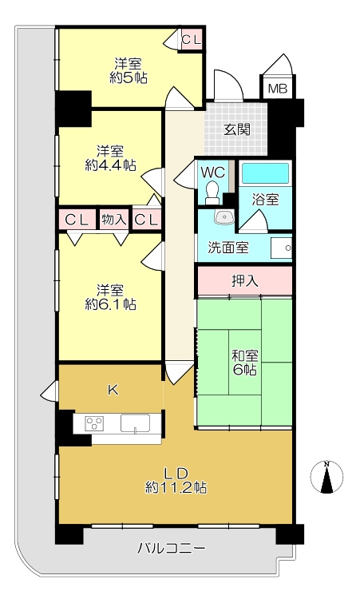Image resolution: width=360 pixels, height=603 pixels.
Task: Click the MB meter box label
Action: pos(278,89)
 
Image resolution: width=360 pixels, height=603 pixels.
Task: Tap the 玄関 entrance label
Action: pos(236,129)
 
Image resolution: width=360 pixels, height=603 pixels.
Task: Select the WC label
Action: pos(213,173)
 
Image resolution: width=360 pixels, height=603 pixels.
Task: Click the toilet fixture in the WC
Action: pos(212,192)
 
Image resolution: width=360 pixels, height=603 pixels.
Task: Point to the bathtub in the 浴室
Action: pos(266,173)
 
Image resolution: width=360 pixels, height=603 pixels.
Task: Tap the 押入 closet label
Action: pos(245,281)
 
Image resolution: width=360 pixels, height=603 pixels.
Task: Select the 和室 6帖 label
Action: pos(245,363)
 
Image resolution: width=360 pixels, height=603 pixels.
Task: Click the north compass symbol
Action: pos(326,477)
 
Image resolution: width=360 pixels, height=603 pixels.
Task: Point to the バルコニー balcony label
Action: pos(172,548)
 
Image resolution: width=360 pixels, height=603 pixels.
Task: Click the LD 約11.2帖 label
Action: pos(176,480)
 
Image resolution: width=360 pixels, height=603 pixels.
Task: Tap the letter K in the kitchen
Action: pos(113,391)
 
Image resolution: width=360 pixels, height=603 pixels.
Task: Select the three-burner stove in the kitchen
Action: pos(94,423)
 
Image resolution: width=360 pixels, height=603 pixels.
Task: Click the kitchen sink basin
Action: pos(135,423)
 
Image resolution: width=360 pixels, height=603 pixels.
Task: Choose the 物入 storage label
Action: pos(113,220)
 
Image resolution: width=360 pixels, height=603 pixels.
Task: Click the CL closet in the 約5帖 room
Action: pos(192,39)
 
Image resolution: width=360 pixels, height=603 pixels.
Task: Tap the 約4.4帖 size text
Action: pos(110,165)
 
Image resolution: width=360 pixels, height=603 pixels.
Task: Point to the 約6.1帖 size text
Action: pos(110,304)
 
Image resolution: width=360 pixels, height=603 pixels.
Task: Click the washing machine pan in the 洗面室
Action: pos(281,248)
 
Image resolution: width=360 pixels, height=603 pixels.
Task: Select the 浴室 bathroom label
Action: pos(265,200)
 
